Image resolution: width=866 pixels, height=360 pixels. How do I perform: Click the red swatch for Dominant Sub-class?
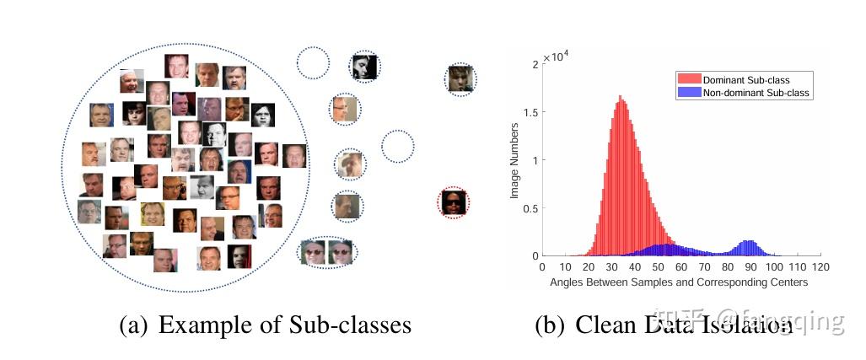(x=688, y=79)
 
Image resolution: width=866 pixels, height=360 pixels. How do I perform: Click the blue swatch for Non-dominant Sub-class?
(x=688, y=93)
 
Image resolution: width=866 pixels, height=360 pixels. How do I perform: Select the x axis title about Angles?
(x=679, y=282)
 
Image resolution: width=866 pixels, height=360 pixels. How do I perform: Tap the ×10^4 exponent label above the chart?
(x=557, y=57)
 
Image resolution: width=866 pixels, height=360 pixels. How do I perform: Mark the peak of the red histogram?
(x=621, y=97)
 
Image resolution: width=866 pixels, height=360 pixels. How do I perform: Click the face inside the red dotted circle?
(x=454, y=203)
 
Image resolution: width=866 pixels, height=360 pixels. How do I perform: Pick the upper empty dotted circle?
(x=313, y=62)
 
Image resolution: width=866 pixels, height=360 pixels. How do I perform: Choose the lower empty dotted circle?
(x=397, y=146)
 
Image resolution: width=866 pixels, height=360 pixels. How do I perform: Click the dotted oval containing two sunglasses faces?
(x=328, y=251)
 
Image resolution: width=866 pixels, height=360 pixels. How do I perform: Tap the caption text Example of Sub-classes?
(x=284, y=325)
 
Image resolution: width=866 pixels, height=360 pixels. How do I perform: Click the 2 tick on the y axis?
(x=535, y=63)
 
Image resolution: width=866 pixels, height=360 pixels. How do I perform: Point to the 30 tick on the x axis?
(x=611, y=267)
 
